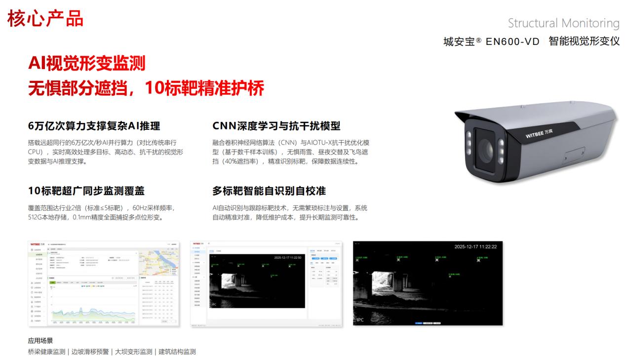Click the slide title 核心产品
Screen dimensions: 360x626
click(x=45, y=18)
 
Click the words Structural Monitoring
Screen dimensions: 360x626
click(x=563, y=23)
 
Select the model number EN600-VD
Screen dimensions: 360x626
click(x=512, y=41)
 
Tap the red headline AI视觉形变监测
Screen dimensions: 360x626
click(x=87, y=63)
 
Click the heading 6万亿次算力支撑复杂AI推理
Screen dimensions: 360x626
click(x=94, y=125)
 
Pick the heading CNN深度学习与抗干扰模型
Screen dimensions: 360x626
click(x=276, y=125)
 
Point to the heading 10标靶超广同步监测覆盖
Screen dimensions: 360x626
click(x=86, y=191)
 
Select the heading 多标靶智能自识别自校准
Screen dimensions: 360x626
click(x=269, y=191)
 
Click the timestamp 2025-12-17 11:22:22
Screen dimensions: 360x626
click(x=475, y=246)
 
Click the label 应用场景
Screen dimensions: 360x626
click(x=40, y=340)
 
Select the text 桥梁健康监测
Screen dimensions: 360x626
click(x=46, y=352)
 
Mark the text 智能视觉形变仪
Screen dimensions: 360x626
click(x=584, y=41)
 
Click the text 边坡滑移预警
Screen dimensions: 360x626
click(x=90, y=352)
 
